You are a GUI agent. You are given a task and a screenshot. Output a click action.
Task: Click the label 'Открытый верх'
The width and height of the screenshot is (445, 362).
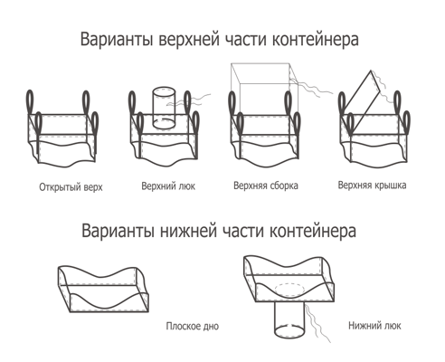click(x=71, y=187)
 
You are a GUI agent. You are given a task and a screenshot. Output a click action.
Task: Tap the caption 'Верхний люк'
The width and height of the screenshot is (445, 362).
click(x=168, y=186)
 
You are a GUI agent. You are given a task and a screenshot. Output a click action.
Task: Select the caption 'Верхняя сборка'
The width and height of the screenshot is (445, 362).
click(x=266, y=186)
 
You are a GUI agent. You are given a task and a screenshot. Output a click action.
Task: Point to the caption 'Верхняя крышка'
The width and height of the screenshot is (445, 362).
click(x=372, y=185)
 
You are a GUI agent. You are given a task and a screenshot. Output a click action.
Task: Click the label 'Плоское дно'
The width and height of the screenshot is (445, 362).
click(x=193, y=326)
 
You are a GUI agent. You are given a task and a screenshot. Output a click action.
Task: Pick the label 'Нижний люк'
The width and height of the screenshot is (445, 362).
click(x=374, y=326)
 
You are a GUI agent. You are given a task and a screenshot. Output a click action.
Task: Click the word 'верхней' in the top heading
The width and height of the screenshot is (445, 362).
click(x=189, y=40)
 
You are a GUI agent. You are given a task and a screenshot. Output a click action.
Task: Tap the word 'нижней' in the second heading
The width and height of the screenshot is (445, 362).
click(x=188, y=231)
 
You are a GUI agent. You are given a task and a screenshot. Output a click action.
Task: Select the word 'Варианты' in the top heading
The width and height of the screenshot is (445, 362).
click(x=117, y=40)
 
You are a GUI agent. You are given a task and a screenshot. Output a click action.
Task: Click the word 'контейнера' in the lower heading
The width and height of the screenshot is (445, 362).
click(x=312, y=231)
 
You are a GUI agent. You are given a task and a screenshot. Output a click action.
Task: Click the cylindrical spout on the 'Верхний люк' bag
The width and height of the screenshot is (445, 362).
click(x=164, y=108)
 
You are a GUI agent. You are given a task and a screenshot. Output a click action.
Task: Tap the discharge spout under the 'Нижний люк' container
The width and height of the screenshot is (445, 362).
click(x=289, y=319)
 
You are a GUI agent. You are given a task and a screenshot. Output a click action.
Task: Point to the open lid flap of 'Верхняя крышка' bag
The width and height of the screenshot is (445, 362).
click(x=362, y=96)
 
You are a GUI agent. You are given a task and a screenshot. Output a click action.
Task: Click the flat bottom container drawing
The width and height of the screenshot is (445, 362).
click(x=103, y=289)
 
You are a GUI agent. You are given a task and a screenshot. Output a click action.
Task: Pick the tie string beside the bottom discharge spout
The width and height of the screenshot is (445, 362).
click(x=316, y=323)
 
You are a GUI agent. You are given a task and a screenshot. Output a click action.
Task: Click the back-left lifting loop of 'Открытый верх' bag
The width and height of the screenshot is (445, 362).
click(x=30, y=102)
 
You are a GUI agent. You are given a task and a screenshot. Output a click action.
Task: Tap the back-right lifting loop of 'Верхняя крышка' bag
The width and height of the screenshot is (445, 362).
click(x=397, y=102)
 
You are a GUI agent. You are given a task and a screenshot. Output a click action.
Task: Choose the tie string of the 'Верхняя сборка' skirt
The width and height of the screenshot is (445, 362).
click(x=310, y=86)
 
